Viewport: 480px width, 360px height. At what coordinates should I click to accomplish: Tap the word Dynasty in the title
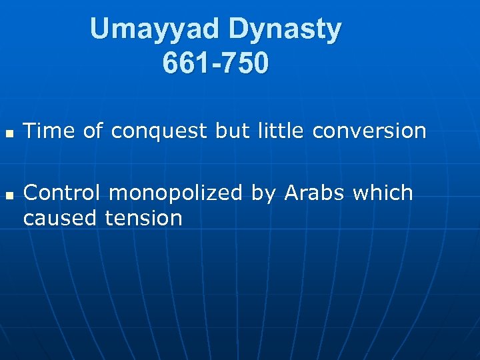(285, 29)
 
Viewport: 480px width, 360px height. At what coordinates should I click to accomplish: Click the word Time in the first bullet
(49, 131)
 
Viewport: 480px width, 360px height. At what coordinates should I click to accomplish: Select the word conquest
(159, 132)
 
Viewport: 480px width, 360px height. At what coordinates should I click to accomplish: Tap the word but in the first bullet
(231, 131)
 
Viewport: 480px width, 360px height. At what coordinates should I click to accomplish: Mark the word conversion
(369, 131)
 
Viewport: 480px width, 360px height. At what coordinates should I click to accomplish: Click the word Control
(62, 193)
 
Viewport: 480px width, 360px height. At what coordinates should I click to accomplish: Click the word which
(383, 193)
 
